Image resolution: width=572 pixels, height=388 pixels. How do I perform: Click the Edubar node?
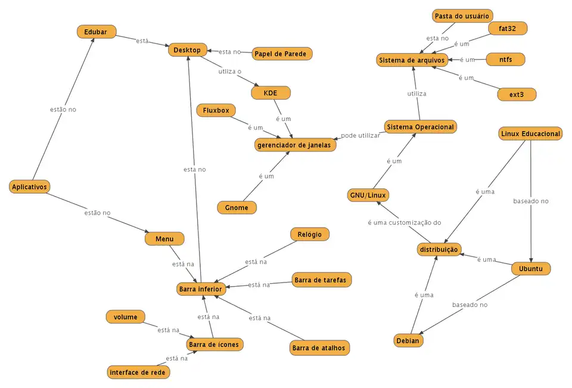[x=96, y=32]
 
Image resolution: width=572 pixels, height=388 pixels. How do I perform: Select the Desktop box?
[x=187, y=50]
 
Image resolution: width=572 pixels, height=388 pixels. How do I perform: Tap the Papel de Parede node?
[x=280, y=54]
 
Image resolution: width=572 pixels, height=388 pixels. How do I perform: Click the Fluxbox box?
[x=216, y=110]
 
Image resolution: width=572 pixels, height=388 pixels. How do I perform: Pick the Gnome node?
[x=237, y=207]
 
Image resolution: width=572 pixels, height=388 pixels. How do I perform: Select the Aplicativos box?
[x=30, y=187]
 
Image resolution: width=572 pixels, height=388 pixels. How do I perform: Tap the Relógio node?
[x=309, y=234]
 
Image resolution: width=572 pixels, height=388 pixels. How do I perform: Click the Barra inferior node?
[x=200, y=289]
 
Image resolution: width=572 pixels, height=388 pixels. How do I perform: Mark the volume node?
[x=125, y=317]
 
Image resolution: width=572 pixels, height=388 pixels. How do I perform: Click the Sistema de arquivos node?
[x=412, y=60]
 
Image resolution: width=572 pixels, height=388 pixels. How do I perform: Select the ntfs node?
[x=505, y=60]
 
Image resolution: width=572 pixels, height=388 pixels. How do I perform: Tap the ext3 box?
[x=517, y=94]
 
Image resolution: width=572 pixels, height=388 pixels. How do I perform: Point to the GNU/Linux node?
[x=368, y=195]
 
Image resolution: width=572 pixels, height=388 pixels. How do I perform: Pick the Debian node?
[x=408, y=341]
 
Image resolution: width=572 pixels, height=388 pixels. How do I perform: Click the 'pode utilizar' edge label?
[x=360, y=136]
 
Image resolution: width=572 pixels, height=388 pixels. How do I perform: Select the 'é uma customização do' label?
[x=403, y=222]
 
